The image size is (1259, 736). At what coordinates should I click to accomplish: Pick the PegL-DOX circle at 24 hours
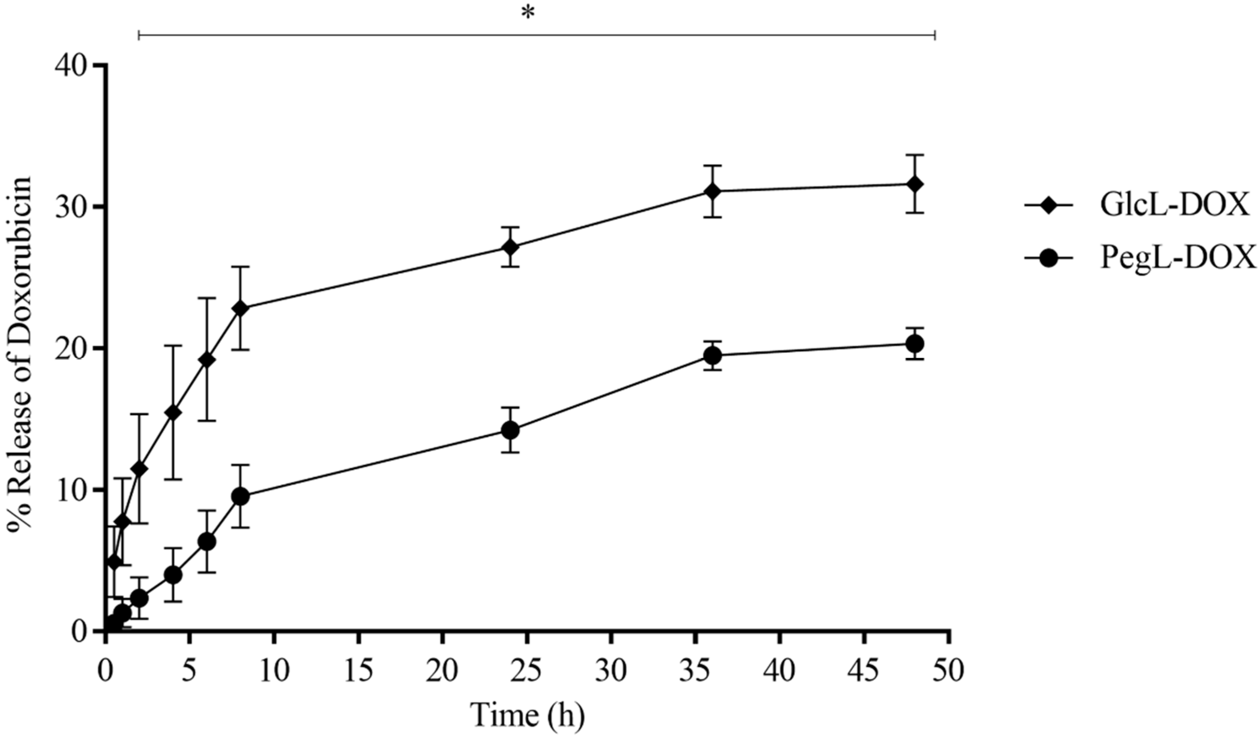[510, 430]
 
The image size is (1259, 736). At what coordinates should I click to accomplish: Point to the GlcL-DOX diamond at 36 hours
[713, 192]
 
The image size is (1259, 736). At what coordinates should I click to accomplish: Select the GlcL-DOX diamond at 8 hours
[240, 308]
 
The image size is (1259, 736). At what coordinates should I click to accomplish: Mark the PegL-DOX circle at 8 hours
[240, 497]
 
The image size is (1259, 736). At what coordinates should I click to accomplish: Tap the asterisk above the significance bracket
[528, 13]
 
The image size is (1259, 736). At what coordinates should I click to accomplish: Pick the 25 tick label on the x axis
[527, 671]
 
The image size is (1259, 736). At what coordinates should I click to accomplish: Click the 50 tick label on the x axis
[948, 671]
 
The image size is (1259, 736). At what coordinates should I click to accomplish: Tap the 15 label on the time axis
[359, 671]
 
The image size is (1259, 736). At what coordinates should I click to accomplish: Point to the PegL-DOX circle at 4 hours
[173, 575]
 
